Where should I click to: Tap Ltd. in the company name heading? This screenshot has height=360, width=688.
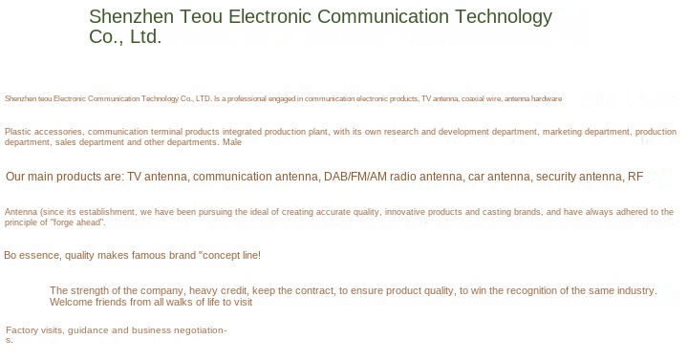pos(145,36)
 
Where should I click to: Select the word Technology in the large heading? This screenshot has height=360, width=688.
pos(504,17)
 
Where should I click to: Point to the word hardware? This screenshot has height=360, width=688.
pos(547,98)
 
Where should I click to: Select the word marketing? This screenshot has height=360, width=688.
pos(561,132)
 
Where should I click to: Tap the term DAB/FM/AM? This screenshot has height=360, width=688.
pos(355,177)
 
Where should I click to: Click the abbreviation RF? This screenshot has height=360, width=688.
pos(635,177)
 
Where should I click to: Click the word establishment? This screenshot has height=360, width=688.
pos(109,212)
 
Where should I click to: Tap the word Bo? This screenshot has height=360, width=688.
pos(11,255)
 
